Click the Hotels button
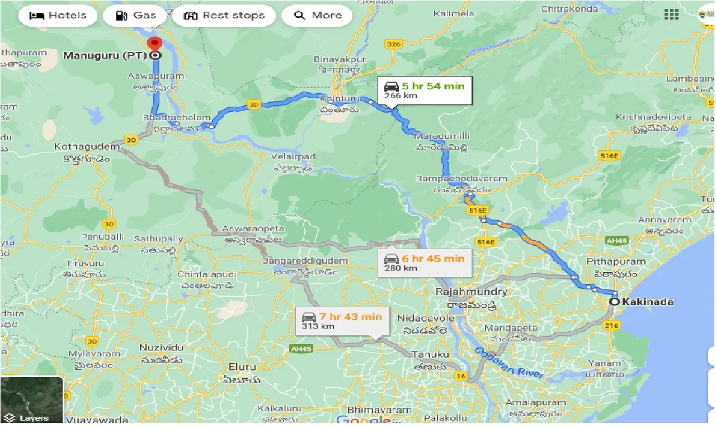[x=58, y=16]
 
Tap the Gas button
[x=135, y=16]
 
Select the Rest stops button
[x=224, y=16]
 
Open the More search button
[x=317, y=16]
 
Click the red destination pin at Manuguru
[x=154, y=44]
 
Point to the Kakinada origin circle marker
[x=615, y=302]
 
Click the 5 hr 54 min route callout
[x=424, y=90]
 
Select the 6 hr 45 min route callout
[x=424, y=263]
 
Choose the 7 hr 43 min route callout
[x=342, y=321]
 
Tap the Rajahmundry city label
[x=472, y=292]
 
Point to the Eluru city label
[x=242, y=367]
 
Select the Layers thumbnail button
[x=32, y=399]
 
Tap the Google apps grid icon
[x=671, y=15]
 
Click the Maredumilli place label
[x=442, y=136]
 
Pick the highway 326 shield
[x=394, y=44]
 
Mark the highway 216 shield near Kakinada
[x=611, y=325]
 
